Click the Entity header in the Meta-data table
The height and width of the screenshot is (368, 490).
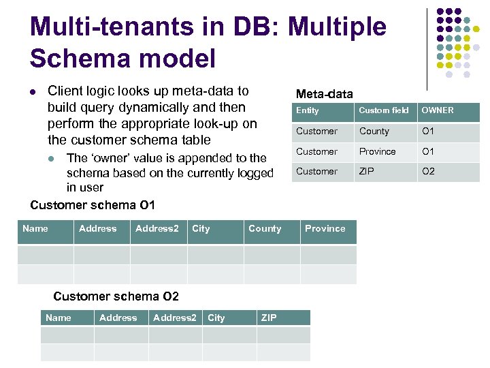pos(308,110)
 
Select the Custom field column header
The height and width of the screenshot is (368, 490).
pos(384,110)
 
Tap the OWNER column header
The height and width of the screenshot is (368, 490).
pos(438,110)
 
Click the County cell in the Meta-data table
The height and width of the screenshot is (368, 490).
pos(374,131)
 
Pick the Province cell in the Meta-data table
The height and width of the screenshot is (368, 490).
pos(377,151)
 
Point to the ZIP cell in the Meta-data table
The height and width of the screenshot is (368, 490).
pos(367,171)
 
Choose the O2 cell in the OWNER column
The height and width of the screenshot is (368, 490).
pos(428,171)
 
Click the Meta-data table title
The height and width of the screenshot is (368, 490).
pos(324,94)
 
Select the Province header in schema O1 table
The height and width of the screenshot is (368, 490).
pos(325,228)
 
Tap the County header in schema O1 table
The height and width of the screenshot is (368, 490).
pos(265,228)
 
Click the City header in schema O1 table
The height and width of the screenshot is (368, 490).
pos(201,228)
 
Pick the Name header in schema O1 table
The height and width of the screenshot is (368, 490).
pos(35,228)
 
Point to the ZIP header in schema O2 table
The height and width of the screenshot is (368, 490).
pos(269,318)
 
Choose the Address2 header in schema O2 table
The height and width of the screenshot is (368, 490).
pos(175,318)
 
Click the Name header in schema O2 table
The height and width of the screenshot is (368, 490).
pos(59,318)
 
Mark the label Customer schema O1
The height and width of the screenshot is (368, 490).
pos(93,204)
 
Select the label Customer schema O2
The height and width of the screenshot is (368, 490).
pos(116,296)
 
